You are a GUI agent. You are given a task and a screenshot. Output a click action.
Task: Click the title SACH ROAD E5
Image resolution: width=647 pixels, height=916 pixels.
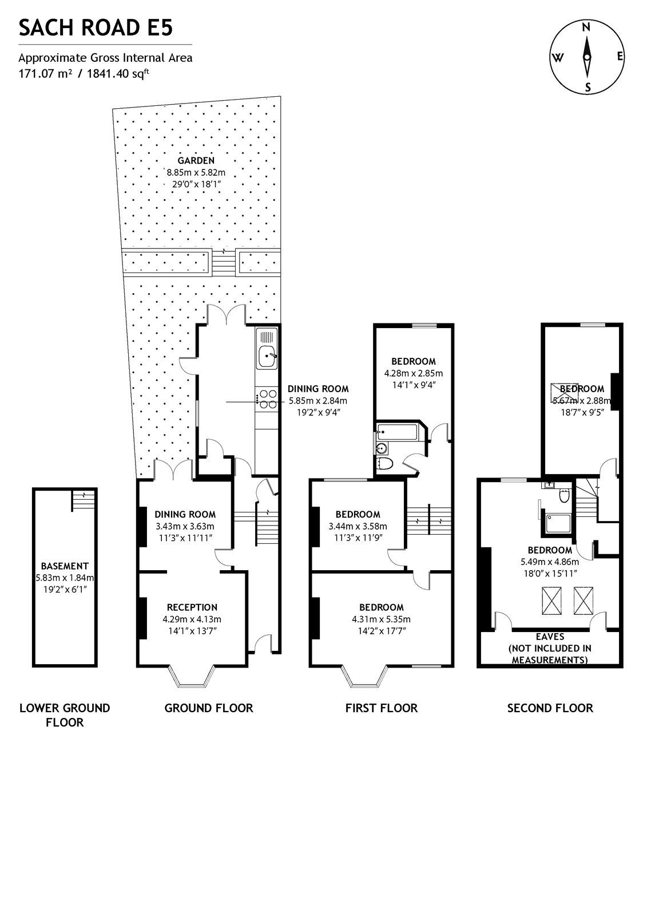click(x=96, y=28)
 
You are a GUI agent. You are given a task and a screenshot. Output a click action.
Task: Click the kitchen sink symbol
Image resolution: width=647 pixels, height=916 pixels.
click(x=266, y=357)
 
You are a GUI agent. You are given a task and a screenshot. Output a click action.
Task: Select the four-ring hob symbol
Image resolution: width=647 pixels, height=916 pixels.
click(x=267, y=399)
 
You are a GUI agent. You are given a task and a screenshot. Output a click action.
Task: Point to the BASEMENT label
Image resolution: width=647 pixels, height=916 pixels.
click(x=65, y=566)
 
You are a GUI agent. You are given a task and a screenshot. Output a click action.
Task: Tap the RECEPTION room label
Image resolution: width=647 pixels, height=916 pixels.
click(x=192, y=607)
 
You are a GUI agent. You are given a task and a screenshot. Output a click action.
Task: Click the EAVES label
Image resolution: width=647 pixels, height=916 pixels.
click(x=550, y=637)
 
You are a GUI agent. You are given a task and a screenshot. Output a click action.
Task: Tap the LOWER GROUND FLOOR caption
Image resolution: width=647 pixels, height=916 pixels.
click(x=65, y=715)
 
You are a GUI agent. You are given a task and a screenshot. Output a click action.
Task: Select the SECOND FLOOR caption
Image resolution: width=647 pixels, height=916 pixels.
click(x=550, y=708)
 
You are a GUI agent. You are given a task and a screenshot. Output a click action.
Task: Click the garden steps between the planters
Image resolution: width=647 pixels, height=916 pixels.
click(x=224, y=262)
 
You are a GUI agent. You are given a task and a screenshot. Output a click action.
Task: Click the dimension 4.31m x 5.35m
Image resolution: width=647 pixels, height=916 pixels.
click(x=381, y=619)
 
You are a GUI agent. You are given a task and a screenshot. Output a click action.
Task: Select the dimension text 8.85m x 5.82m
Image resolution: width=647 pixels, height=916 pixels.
click(x=196, y=172)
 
